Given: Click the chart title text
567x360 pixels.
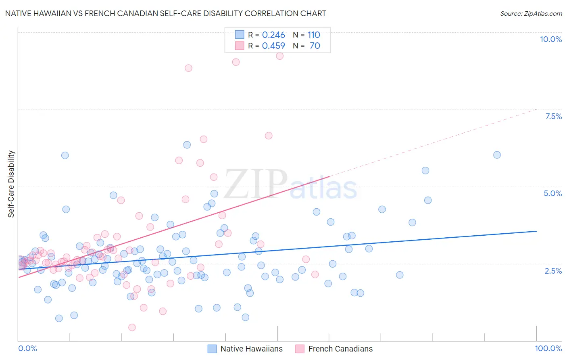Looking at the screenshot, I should pos(165,13).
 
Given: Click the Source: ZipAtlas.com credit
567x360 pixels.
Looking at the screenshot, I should pos(531,13).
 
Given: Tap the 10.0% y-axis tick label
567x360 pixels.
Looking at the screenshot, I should pos(550,39).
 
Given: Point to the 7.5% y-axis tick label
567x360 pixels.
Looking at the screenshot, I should pos(553,116).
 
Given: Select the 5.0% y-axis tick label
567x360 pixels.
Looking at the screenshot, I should pos(552,193).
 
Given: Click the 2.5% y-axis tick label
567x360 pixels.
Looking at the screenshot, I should pos(553,271).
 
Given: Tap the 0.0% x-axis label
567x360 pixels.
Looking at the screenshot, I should pos(27,348).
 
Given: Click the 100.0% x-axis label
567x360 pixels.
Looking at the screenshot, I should pos(548,348).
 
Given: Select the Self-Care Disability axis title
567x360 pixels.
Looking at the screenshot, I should pos(11,184).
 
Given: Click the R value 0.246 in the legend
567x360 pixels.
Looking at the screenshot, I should pos(273,35).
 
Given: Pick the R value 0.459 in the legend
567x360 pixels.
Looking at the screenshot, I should pos(273,46).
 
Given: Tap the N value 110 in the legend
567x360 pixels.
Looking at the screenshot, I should pos(314,35).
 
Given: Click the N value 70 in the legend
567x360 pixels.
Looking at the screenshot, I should pos(315,46).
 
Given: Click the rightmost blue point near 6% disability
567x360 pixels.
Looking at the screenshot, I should pos(497,155).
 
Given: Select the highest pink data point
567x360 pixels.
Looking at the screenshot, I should pos(280,56).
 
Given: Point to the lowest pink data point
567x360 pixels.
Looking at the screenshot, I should pos(132,327).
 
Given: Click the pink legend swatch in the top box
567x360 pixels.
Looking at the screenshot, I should pos(240,46).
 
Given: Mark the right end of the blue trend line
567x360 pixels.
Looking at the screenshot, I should pos(536,231).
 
